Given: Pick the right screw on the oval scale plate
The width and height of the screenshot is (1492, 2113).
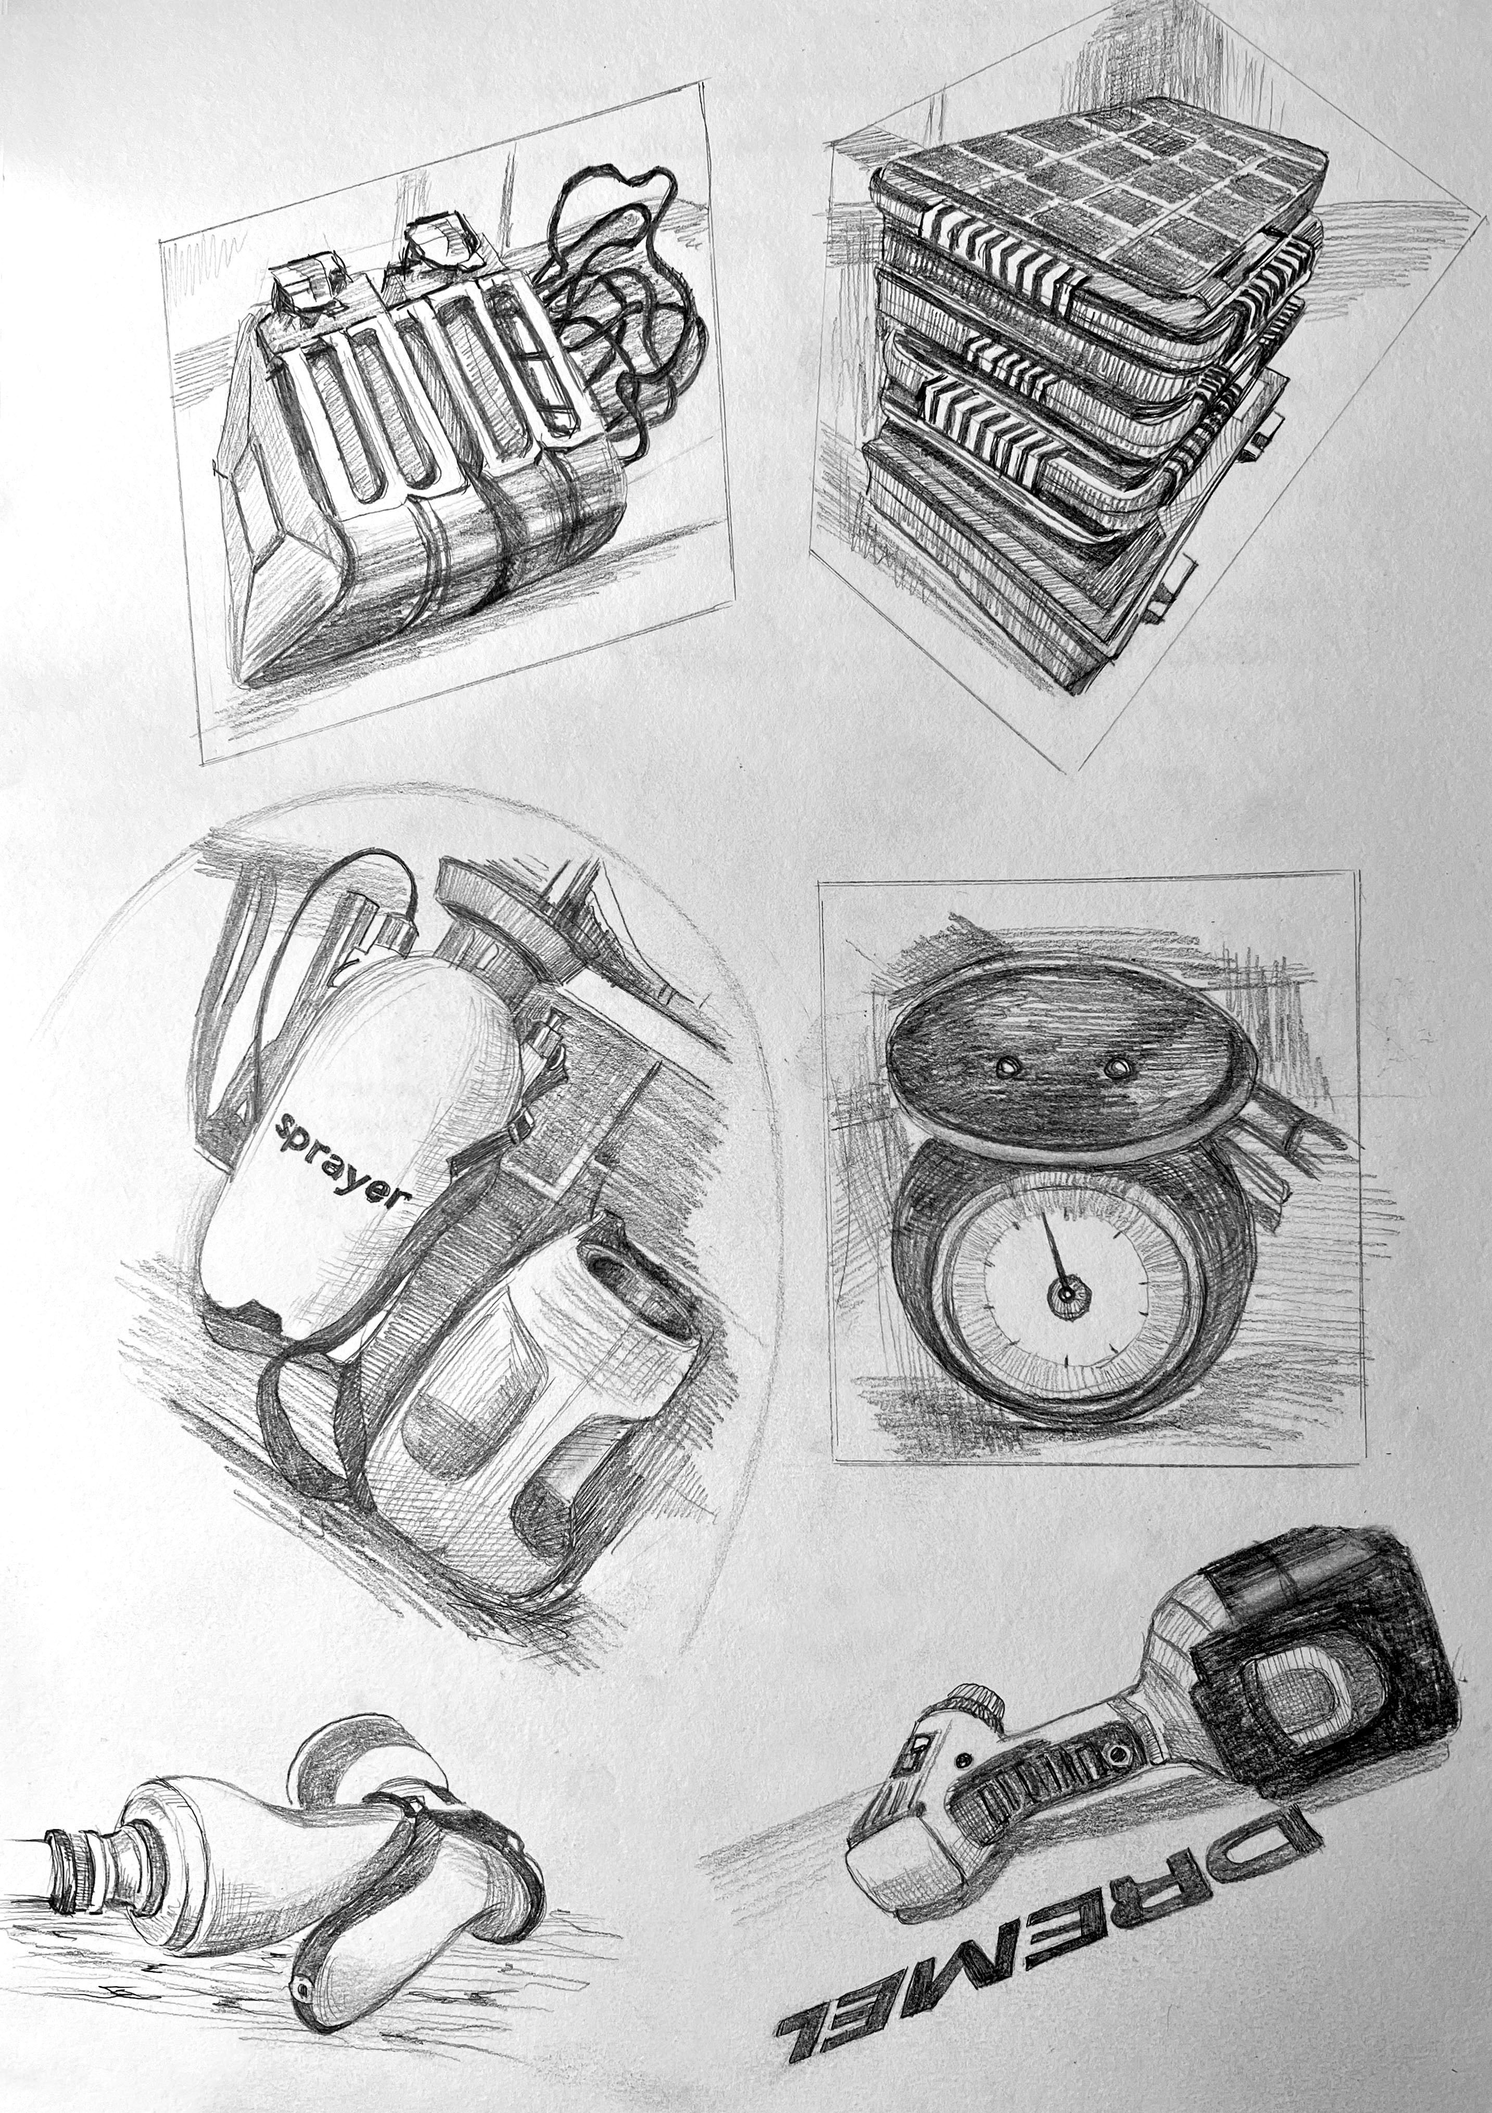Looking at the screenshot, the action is pyautogui.click(x=1117, y=1067).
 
